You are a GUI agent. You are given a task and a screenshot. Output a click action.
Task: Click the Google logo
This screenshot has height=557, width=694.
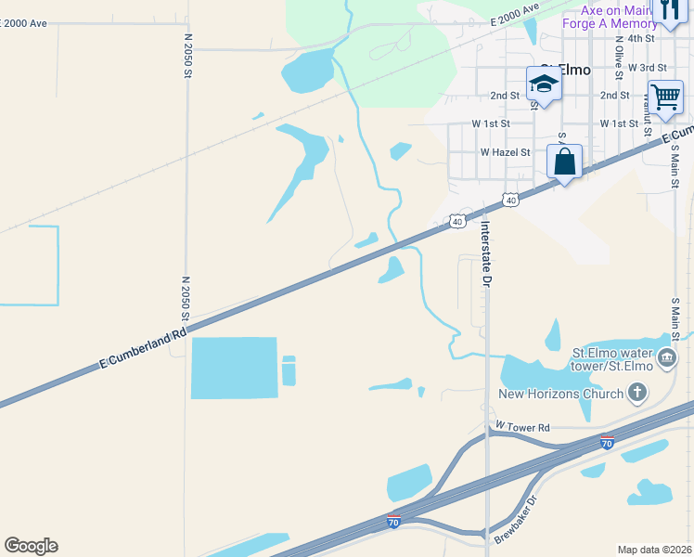(31, 546)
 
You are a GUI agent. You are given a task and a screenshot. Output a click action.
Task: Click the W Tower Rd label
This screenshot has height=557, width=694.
(523, 427)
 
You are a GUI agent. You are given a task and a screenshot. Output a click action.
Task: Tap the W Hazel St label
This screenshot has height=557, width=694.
(505, 152)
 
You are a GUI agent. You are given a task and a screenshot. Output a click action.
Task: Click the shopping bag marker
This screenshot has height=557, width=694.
(564, 162)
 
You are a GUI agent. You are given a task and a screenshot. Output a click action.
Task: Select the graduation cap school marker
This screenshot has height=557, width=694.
(544, 85)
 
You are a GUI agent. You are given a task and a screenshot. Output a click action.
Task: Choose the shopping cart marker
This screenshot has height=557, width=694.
(666, 97)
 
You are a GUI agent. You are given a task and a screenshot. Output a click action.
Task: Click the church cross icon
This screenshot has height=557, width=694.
(636, 394)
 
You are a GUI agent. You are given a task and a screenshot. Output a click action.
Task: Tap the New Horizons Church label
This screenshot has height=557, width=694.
(561, 394)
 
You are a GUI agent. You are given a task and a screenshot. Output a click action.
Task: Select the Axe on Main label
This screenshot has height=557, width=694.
(613, 9)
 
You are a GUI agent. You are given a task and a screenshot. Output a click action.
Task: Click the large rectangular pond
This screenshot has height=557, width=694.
(234, 368)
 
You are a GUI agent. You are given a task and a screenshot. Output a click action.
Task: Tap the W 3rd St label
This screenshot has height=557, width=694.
(647, 68)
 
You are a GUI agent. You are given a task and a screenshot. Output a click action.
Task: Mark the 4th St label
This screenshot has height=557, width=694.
(641, 38)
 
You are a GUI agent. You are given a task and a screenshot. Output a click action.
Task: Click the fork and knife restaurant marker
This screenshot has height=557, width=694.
(668, 11)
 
